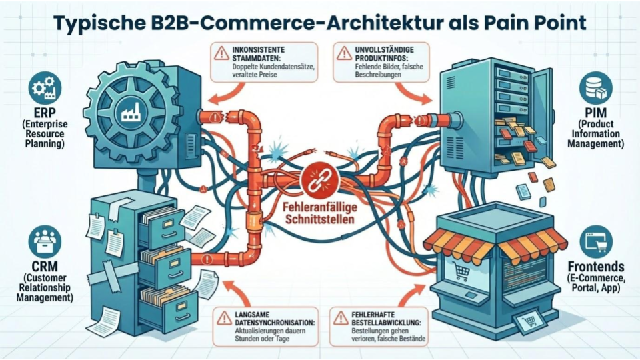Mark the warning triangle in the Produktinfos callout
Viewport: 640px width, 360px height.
[345, 51]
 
